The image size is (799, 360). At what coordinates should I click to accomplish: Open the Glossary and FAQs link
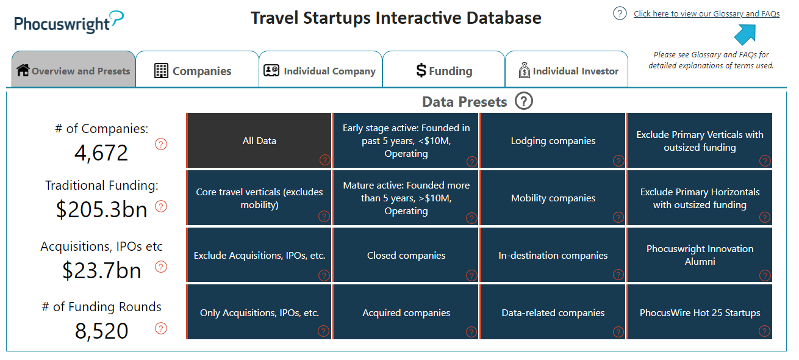pyautogui.click(x=706, y=13)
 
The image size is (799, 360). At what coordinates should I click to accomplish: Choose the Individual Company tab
pyautogui.click(x=321, y=71)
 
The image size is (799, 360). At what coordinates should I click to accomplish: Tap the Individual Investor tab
pyautogui.click(x=567, y=71)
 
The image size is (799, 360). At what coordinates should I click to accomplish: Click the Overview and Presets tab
pyautogui.click(x=73, y=71)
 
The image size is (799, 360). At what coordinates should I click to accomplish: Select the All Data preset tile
pyautogui.click(x=259, y=140)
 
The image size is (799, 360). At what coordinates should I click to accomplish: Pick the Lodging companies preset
pyautogui.click(x=553, y=140)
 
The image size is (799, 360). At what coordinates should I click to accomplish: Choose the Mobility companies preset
pyautogui.click(x=553, y=198)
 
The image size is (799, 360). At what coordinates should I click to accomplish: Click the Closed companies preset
pyautogui.click(x=406, y=255)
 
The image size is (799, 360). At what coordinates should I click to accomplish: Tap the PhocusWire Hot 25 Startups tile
pyautogui.click(x=700, y=312)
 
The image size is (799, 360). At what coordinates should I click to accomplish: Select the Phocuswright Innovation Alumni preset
pyautogui.click(x=700, y=255)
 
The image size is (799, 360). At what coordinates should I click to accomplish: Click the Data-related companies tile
pyautogui.click(x=553, y=312)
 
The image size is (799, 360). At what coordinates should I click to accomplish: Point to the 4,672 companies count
pyautogui.click(x=101, y=153)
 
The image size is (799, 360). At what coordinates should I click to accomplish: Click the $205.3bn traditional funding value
pyautogui.click(x=101, y=209)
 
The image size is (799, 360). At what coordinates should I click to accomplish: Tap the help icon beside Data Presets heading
pyautogui.click(x=523, y=101)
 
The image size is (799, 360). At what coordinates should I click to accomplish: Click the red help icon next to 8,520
pyautogui.click(x=161, y=328)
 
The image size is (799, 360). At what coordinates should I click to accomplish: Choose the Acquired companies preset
pyautogui.click(x=406, y=312)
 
